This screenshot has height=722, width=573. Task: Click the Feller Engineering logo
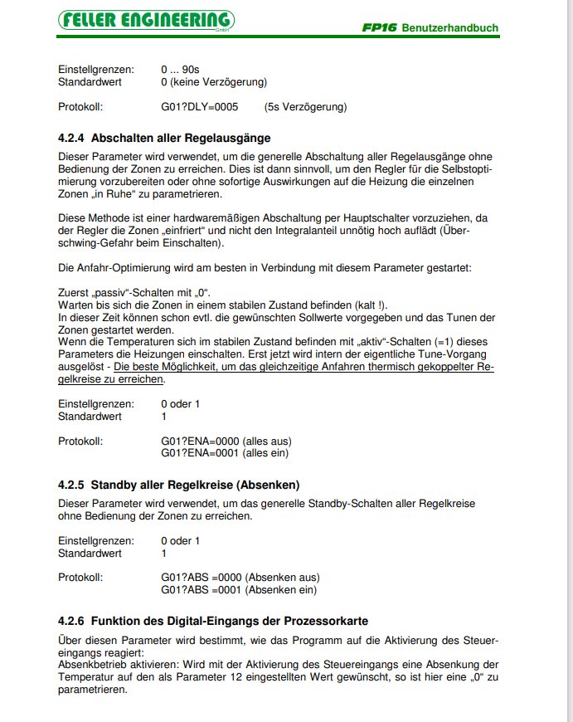point(146,19)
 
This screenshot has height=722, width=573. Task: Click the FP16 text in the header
point(379,28)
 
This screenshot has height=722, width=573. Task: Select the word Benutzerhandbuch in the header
point(449,28)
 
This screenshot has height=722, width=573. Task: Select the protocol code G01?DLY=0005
point(200,107)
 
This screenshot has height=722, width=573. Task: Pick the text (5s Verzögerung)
point(305,107)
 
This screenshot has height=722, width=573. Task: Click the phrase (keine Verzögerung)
point(219,83)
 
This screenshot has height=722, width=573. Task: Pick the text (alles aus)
point(268,441)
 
